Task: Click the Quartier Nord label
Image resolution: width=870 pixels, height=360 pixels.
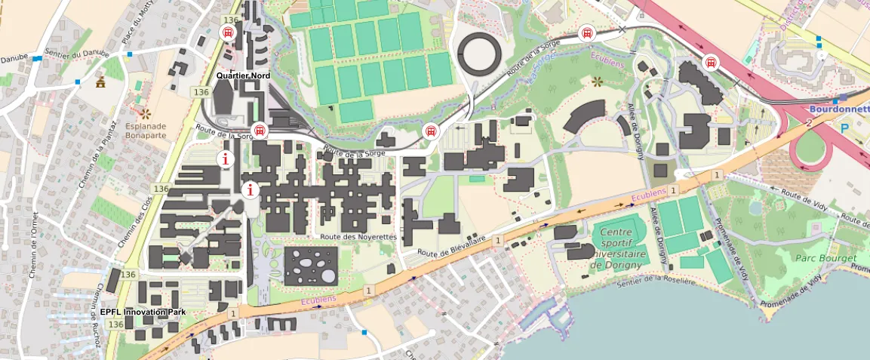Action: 243,76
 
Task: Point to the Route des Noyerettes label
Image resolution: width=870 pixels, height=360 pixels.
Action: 358,236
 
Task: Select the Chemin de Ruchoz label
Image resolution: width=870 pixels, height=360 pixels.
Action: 100,315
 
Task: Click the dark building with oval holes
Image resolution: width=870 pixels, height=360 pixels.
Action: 311,266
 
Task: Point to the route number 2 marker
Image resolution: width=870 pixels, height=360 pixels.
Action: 808,122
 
